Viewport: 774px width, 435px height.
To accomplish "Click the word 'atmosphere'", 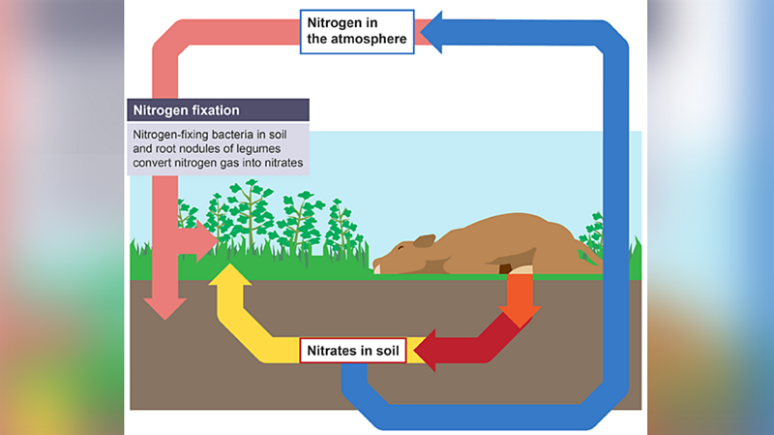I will (x=372, y=40).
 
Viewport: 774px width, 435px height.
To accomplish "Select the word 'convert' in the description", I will (x=154, y=164).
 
